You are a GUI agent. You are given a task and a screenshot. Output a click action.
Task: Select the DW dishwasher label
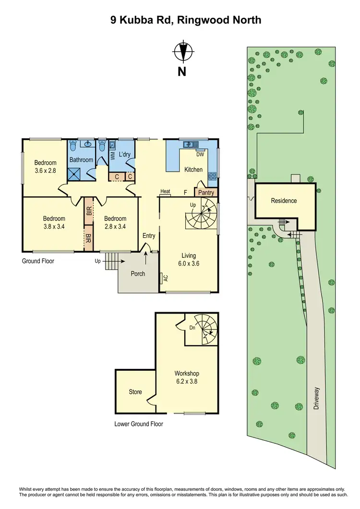[x=200, y=154]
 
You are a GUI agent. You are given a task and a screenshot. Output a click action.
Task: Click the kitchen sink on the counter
[x=192, y=144]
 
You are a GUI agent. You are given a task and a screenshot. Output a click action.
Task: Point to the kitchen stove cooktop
[x=212, y=177]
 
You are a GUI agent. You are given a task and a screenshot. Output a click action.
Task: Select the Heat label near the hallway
[x=166, y=192]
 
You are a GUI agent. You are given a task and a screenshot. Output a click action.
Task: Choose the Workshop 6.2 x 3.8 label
[x=187, y=377]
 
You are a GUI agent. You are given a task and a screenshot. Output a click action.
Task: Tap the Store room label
[x=135, y=392]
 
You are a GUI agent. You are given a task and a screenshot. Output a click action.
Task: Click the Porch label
[x=138, y=274]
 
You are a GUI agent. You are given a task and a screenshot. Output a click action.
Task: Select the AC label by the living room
[x=165, y=278]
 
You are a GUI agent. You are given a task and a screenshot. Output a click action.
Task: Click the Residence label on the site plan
[x=284, y=201]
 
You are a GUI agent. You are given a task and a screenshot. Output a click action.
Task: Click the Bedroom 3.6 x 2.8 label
[x=46, y=167]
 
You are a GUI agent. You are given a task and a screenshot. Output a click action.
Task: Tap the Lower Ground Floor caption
[x=139, y=424]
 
